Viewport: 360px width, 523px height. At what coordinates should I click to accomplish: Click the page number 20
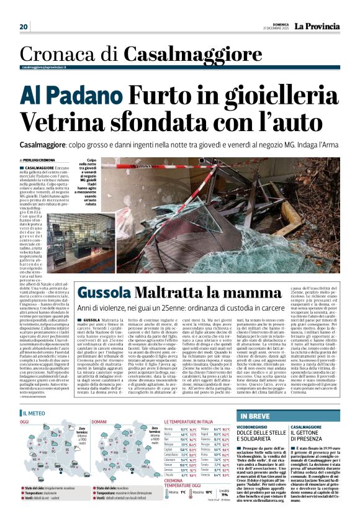[24, 26]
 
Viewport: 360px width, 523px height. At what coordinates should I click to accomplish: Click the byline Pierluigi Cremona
[38, 160]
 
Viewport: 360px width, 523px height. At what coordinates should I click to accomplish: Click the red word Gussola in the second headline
[102, 292]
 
